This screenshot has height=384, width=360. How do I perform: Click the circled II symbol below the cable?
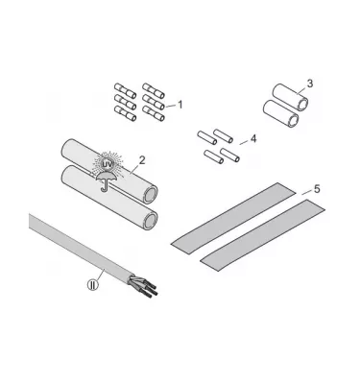94,284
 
